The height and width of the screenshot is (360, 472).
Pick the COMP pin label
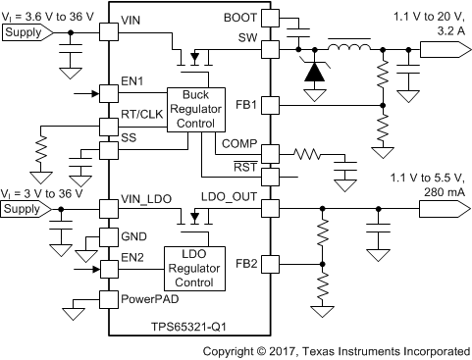pyautogui.click(x=239, y=144)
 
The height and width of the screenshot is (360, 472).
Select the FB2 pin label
pyautogui.click(x=246, y=263)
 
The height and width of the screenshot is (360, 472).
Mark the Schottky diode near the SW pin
pyautogui.click(x=313, y=72)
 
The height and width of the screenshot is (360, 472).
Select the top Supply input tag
pyautogui.click(x=26, y=33)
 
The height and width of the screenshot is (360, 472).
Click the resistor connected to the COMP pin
pyautogui.click(x=311, y=153)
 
